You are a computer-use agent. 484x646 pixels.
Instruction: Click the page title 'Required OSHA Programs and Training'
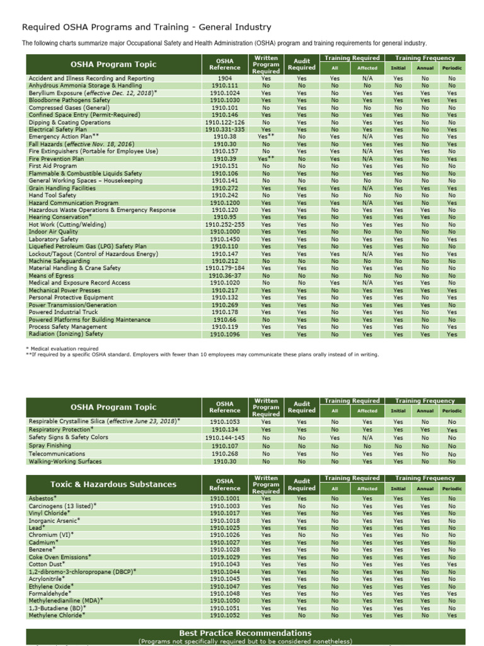point(146,27)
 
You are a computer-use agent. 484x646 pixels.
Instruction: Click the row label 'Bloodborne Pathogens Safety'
point(69,100)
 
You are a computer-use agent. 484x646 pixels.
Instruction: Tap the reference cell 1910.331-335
point(224,129)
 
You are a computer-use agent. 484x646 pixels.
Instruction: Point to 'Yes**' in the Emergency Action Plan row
point(266,136)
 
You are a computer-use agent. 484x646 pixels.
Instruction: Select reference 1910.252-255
point(224,225)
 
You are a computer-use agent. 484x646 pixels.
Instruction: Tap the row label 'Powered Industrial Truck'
point(64,312)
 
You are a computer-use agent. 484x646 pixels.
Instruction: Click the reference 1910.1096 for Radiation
point(224,334)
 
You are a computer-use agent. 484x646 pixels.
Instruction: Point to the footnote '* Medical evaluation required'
point(62,348)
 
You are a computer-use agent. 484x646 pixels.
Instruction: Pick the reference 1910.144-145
point(224,437)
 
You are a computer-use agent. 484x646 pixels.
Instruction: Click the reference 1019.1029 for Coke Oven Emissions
point(224,557)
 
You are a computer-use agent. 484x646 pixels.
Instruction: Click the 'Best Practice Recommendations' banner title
point(245,633)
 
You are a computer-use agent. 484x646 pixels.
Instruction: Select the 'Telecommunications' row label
point(57,454)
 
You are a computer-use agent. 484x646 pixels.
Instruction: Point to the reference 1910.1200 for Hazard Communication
point(224,203)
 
